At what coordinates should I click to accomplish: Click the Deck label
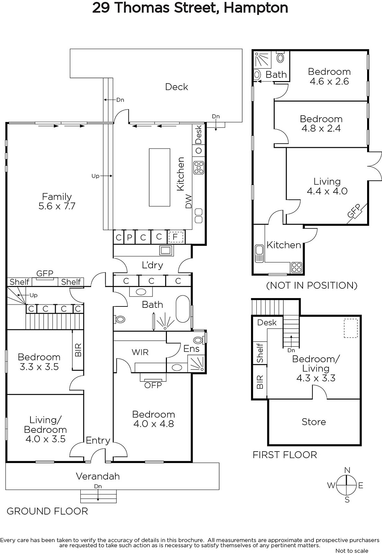pos(176,87)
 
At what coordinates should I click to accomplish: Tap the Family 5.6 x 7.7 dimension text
pos(57,206)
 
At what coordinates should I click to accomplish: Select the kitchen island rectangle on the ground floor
pos(159,177)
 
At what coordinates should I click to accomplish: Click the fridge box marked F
pos(176,237)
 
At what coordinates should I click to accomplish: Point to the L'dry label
pos(152,265)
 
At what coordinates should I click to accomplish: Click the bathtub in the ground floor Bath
pos(183,309)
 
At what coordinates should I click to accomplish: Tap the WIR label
pos(140,352)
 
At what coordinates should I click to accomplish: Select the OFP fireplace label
pos(153,385)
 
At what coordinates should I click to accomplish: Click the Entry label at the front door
pos(98,440)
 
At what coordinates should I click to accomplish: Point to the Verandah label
pos(98,476)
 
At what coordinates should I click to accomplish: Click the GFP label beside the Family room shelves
pos(45,273)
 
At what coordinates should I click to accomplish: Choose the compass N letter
pos(347,470)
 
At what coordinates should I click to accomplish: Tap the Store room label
pos(314,422)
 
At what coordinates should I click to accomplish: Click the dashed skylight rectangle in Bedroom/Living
pos(351,328)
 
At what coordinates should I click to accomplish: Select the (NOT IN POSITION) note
pos(312,285)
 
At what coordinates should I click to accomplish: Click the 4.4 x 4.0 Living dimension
pos(327,191)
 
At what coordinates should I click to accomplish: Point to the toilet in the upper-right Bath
pos(280,57)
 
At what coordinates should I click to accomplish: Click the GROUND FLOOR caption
pos(47,511)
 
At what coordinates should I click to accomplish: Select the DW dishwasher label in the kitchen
pos(188,202)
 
